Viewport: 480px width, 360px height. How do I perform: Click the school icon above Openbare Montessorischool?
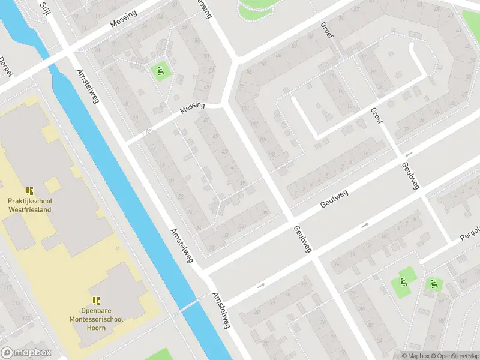(95, 300)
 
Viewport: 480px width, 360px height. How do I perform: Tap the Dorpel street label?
(5, 67)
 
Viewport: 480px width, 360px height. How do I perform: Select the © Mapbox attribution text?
(415, 356)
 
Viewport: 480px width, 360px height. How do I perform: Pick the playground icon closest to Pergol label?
(434, 283)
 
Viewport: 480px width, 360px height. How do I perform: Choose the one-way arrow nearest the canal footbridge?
(260, 286)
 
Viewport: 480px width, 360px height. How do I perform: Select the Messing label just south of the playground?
(192, 109)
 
